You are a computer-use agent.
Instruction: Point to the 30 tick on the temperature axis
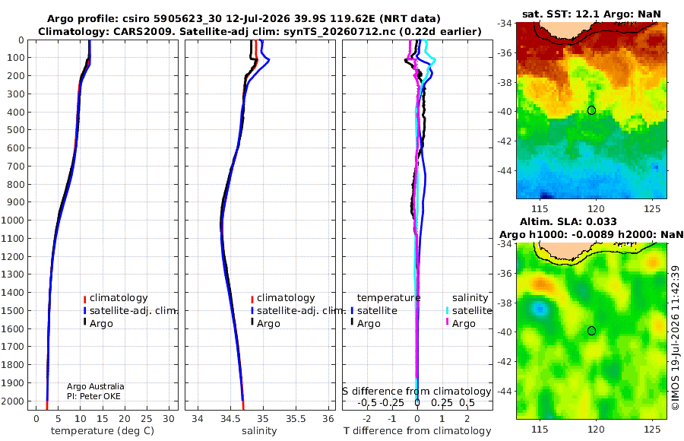click(x=169, y=419)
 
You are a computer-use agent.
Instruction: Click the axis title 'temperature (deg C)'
click(x=103, y=431)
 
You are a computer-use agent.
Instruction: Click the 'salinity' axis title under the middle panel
click(x=259, y=431)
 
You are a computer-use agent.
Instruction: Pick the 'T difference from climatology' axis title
click(x=417, y=431)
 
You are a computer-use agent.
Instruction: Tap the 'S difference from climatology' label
click(x=417, y=391)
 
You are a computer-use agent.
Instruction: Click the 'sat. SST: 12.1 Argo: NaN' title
click(x=591, y=14)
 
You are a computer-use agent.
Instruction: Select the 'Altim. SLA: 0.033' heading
click(x=568, y=221)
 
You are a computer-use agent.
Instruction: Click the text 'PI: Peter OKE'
click(x=93, y=396)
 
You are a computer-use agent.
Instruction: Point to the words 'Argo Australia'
click(x=96, y=386)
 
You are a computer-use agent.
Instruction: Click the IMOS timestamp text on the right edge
click(x=676, y=338)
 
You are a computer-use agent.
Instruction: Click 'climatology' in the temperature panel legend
click(x=119, y=298)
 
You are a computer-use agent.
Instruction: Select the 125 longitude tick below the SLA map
click(x=652, y=429)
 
